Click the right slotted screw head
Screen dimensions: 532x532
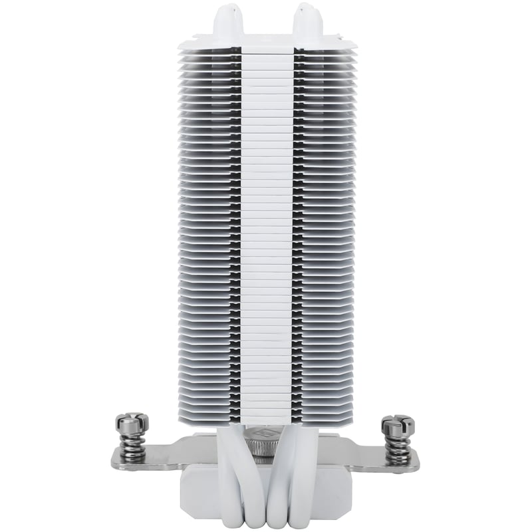[398, 424]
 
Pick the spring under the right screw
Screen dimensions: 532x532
[398, 447]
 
